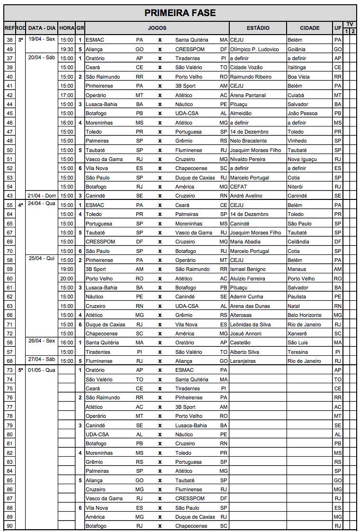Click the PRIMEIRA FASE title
point(180,13)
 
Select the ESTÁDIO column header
point(258,28)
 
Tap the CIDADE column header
point(309,28)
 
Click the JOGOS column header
point(157,28)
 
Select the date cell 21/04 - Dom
point(42,196)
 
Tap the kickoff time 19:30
point(67,49)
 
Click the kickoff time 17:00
point(67,95)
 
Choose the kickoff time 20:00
point(67,279)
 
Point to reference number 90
point(9,526)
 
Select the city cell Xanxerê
point(298,334)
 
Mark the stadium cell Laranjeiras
point(243,361)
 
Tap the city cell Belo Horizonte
point(305,315)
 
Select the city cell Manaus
point(297,269)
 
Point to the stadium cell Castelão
point(241,343)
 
